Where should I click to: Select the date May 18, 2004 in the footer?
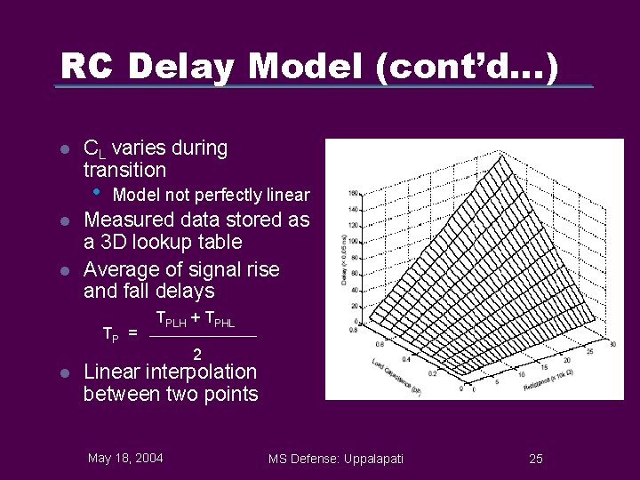(x=125, y=458)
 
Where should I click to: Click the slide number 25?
(x=535, y=459)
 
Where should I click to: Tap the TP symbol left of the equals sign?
(x=111, y=335)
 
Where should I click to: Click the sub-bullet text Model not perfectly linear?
(x=212, y=195)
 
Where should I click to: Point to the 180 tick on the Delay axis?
(x=353, y=193)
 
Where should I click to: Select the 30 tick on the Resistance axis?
(x=612, y=344)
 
